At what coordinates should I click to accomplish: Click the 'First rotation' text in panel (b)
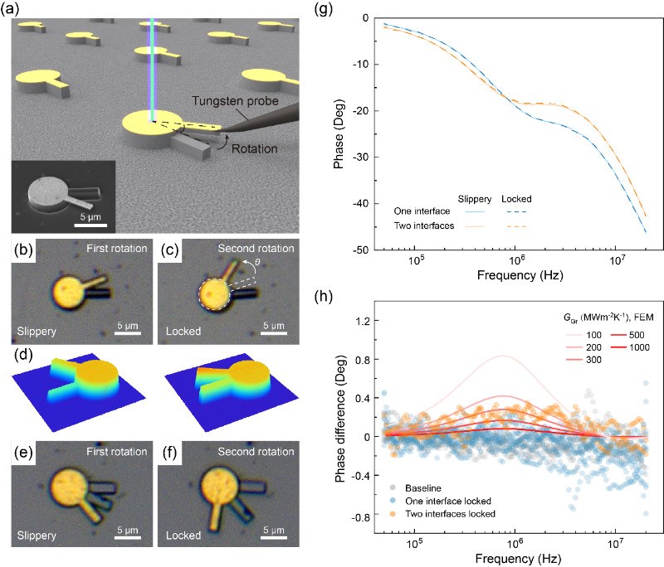tap(119, 250)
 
